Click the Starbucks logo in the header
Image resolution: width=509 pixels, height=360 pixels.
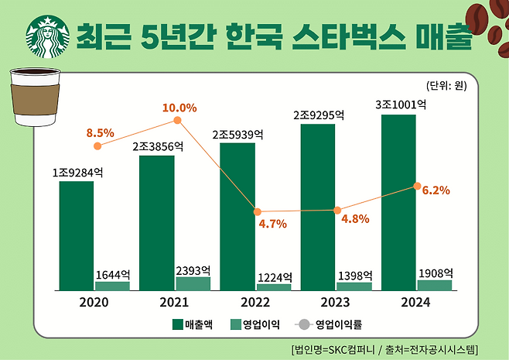[x=44, y=37]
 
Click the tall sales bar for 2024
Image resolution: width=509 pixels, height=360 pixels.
[x=399, y=202]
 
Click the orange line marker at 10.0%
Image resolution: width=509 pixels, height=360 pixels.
[x=177, y=121]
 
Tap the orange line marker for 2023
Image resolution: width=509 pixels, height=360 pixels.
[x=337, y=210]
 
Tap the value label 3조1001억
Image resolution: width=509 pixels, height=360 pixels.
[x=401, y=104]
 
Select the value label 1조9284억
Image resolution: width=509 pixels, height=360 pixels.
[x=78, y=172]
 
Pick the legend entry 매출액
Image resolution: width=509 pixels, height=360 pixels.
[x=197, y=324]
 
